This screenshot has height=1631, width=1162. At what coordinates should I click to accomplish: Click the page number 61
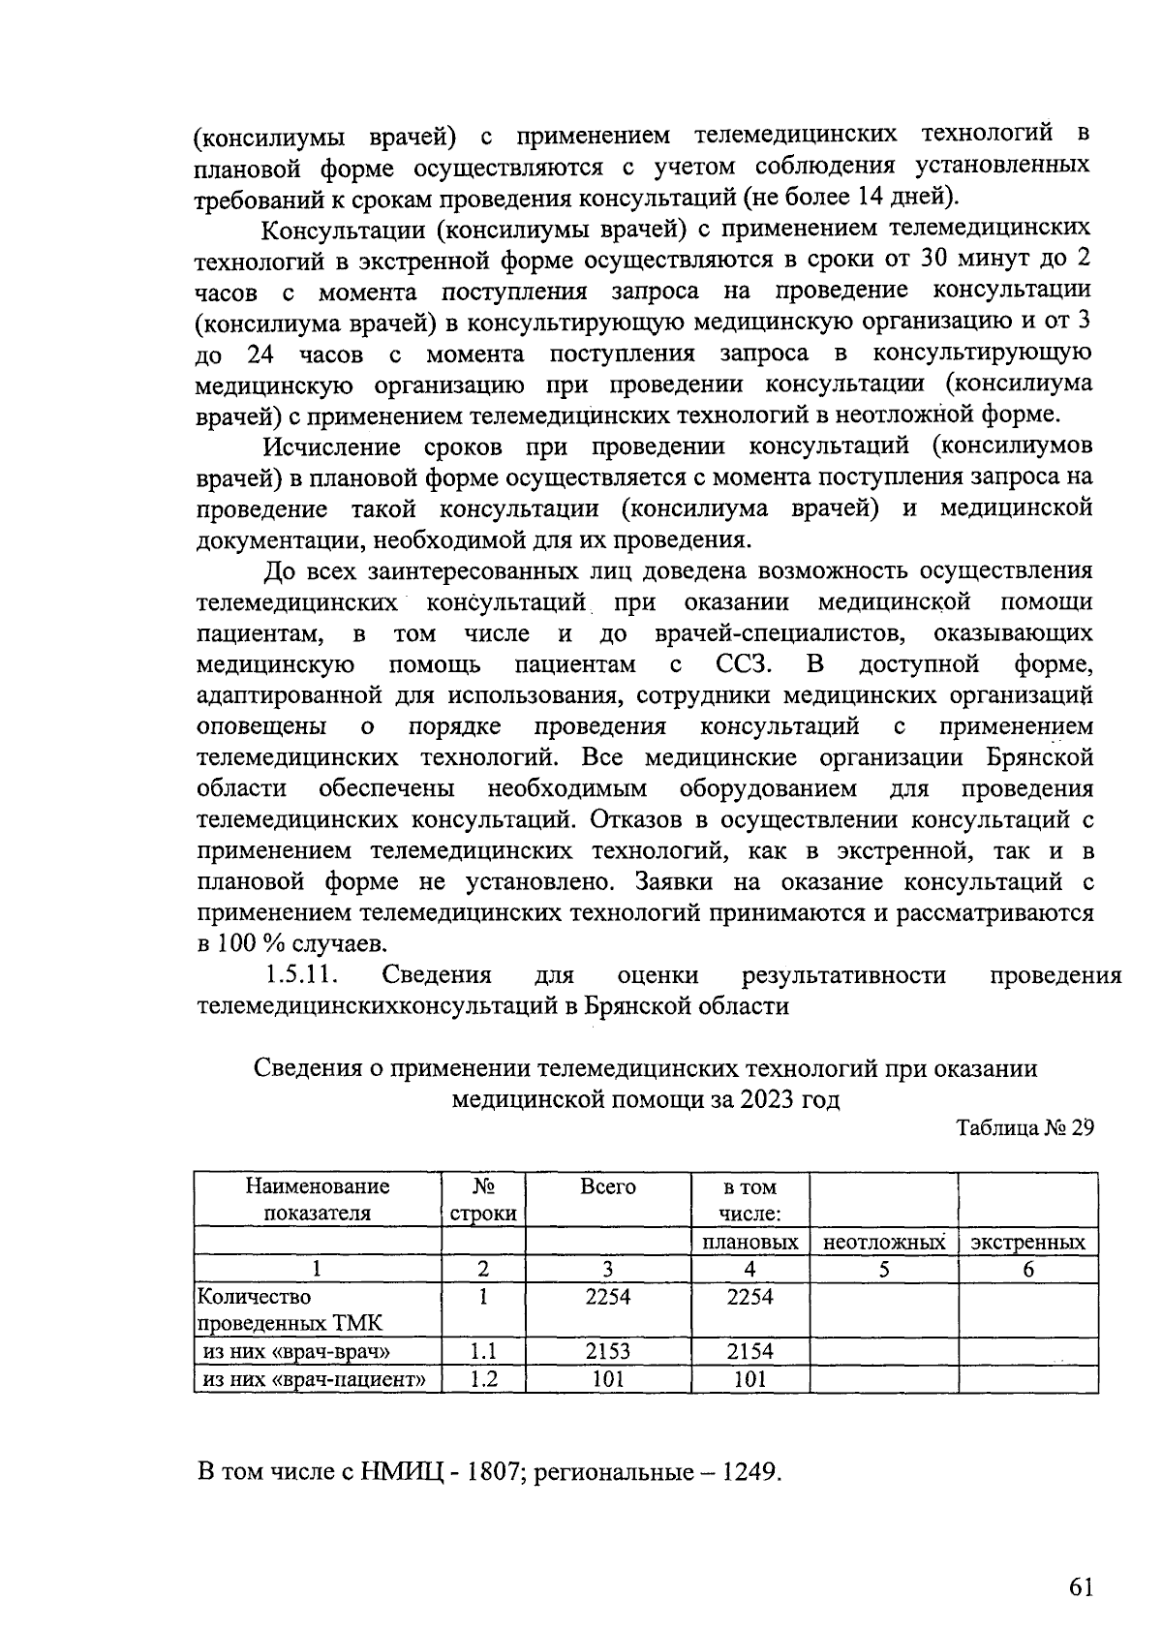pyautogui.click(x=1081, y=1586)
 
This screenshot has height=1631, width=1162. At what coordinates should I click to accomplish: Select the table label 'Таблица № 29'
pyautogui.click(x=1024, y=1128)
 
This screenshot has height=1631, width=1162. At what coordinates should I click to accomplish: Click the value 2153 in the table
pyautogui.click(x=607, y=1351)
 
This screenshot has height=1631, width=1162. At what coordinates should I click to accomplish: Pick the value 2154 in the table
pyautogui.click(x=749, y=1351)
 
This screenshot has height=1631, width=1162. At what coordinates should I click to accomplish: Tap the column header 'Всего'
pyautogui.click(x=607, y=1186)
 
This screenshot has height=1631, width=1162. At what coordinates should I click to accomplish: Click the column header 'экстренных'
pyautogui.click(x=1027, y=1243)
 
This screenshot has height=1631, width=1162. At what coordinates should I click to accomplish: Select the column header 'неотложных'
pyautogui.click(x=883, y=1243)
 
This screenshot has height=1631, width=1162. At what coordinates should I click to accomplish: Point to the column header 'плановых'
pyautogui.click(x=749, y=1243)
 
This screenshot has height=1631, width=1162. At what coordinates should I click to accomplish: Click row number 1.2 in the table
pyautogui.click(x=482, y=1379)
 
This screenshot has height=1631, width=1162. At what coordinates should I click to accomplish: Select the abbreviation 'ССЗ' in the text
pyautogui.click(x=743, y=664)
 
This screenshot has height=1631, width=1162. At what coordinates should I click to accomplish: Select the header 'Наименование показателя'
pyautogui.click(x=318, y=1199)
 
